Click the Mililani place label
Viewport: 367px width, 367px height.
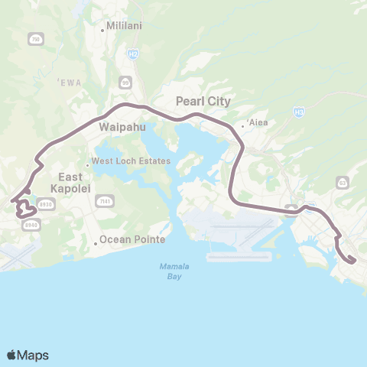click(124, 31)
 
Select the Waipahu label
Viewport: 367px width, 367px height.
click(117, 128)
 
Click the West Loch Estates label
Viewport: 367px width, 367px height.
click(122, 161)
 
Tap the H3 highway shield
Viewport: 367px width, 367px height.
click(299, 112)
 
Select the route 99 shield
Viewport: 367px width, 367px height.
click(125, 82)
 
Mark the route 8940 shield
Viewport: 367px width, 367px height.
click(31, 224)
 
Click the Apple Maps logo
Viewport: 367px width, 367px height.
click(28, 355)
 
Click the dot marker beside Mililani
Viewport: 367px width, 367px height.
click(103, 31)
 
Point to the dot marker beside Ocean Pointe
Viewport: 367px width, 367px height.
click(96, 243)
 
